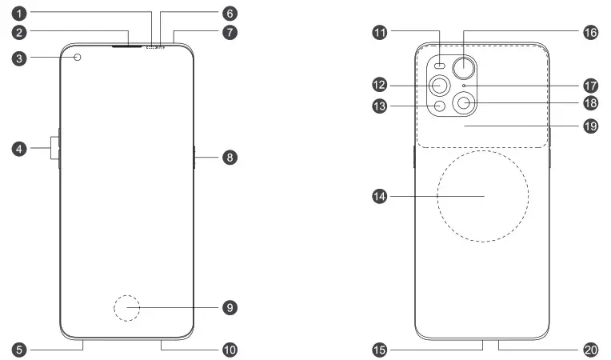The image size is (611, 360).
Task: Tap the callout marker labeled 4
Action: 18,148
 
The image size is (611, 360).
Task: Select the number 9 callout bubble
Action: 230,307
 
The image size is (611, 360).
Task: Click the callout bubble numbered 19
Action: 590,126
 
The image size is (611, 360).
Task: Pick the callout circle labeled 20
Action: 590,350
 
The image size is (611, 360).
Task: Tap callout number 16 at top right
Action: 590,34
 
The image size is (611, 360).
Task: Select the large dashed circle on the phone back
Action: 483,196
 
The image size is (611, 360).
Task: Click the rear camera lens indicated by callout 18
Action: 464,102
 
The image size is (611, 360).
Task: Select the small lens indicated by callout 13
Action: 439,105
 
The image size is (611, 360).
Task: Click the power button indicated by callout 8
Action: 194,158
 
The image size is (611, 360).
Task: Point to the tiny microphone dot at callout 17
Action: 464,84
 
